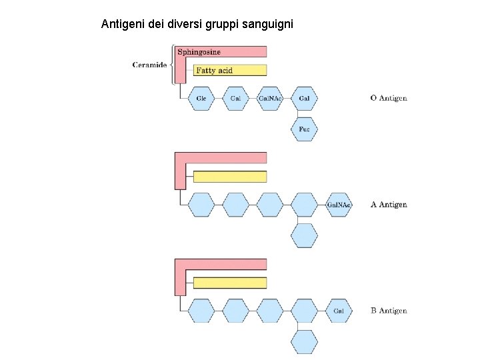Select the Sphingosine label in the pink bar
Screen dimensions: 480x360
coord(199,51)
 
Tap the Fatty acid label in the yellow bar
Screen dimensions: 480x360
coord(214,70)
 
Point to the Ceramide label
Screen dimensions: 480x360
coord(149,65)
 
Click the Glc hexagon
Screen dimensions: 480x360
coord(201,99)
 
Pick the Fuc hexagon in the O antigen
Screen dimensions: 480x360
coord(304,129)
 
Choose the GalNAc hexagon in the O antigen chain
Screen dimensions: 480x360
coord(270,99)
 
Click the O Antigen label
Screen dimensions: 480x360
coord(389,99)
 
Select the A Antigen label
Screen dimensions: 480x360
coord(389,205)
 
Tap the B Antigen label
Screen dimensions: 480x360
coord(389,311)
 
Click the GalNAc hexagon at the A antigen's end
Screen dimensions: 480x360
coord(339,205)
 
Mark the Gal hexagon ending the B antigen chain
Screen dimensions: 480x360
coord(339,311)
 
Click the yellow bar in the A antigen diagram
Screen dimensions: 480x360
coord(230,177)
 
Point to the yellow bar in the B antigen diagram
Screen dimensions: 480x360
coord(230,283)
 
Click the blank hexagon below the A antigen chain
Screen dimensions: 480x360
coord(304,235)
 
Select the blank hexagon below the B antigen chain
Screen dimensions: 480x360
coord(304,341)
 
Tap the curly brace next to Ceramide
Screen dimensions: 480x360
coord(172,65)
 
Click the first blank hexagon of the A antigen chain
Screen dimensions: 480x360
coord(201,205)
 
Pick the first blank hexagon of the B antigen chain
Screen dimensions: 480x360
coord(201,311)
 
